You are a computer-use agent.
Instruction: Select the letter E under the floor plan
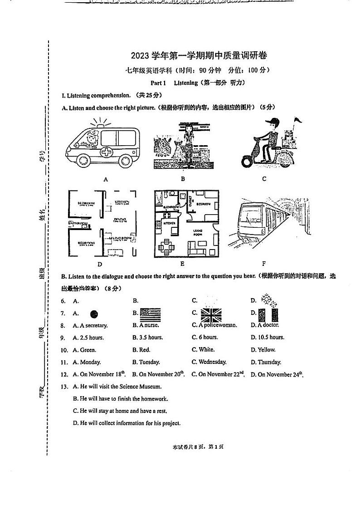pyautogui.click(x=182, y=264)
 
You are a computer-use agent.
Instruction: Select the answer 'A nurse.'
pyautogui.click(x=146, y=325)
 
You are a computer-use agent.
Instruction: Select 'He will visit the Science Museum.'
pyautogui.click(x=117, y=387)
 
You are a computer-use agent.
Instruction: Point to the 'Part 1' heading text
pyautogui.click(x=159, y=83)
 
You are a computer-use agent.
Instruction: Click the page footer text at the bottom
pyautogui.click(x=198, y=447)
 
